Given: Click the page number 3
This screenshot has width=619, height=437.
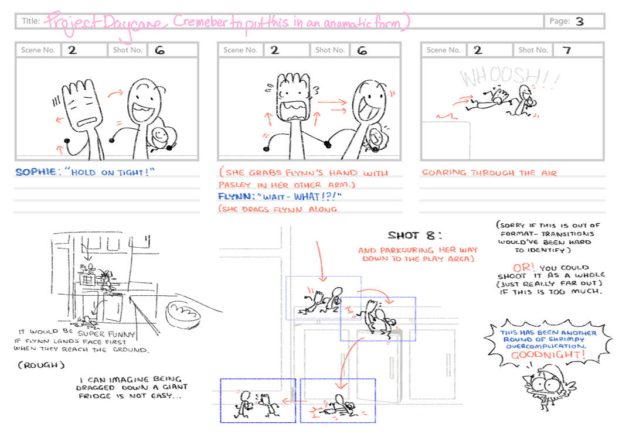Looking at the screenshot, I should (x=579, y=22).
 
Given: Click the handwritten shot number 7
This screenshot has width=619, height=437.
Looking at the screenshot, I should (x=566, y=50).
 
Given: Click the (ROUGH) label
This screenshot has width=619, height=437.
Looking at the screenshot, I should (x=35, y=365).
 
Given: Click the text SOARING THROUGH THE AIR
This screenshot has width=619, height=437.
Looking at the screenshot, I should (x=488, y=173).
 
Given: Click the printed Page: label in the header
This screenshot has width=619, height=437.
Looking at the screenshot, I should (x=559, y=22).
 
